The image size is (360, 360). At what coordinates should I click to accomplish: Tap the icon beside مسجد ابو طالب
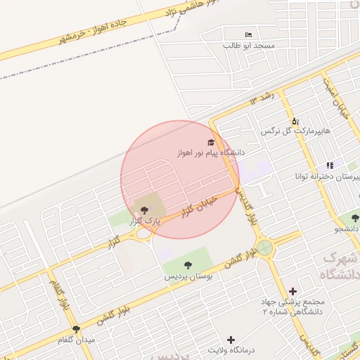(247, 34)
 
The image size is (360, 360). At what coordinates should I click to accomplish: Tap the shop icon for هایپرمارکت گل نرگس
(295, 121)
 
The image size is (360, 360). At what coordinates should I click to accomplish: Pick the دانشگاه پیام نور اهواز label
(212, 152)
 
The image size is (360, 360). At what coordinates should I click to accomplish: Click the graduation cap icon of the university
(212, 141)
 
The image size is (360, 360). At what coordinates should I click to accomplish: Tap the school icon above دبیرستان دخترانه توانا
(330, 165)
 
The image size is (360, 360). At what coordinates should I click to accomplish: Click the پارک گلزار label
(145, 220)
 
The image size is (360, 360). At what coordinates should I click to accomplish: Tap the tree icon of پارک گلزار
(145, 210)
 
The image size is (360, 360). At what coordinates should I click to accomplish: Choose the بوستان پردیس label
(187, 276)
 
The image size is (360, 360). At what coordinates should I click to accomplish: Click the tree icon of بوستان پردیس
(187, 265)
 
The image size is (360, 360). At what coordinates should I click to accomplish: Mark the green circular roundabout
(265, 247)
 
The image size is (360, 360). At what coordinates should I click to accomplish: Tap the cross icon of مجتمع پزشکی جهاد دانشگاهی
(292, 290)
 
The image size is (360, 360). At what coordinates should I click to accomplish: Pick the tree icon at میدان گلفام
(76, 329)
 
